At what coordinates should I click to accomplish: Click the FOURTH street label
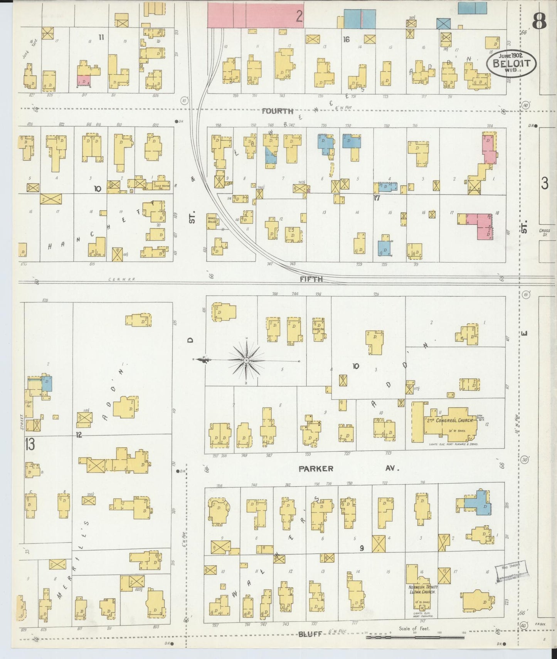point(278,111)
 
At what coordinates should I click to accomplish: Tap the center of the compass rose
point(246,360)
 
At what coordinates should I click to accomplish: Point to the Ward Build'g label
point(212,219)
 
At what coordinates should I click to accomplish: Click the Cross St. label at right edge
point(545,232)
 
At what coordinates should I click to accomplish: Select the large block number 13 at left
point(30,444)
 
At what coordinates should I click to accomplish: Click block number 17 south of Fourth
point(377,198)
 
